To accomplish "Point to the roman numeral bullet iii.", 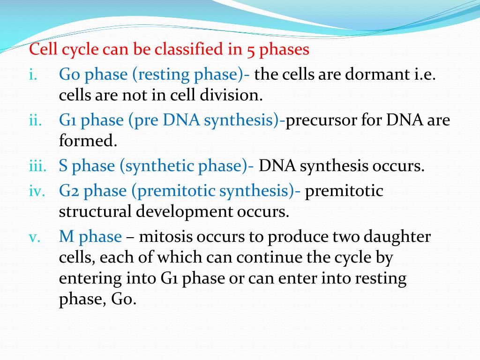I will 36,166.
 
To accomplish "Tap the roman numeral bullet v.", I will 34,237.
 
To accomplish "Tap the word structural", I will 95,212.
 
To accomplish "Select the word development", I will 183,212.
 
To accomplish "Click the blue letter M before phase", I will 66,237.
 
